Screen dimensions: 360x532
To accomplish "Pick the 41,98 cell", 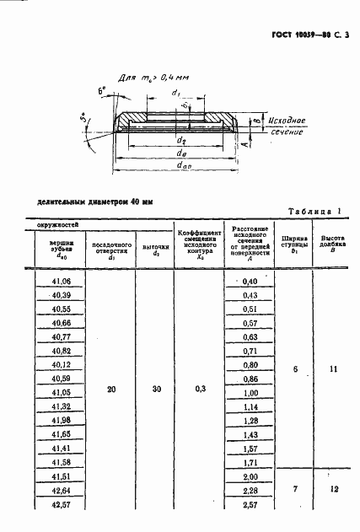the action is click(62, 419).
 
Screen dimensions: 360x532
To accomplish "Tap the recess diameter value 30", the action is click(154, 390).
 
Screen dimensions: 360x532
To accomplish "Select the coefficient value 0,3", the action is click(198, 390).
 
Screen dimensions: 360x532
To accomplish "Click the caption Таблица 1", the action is click(314, 210).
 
